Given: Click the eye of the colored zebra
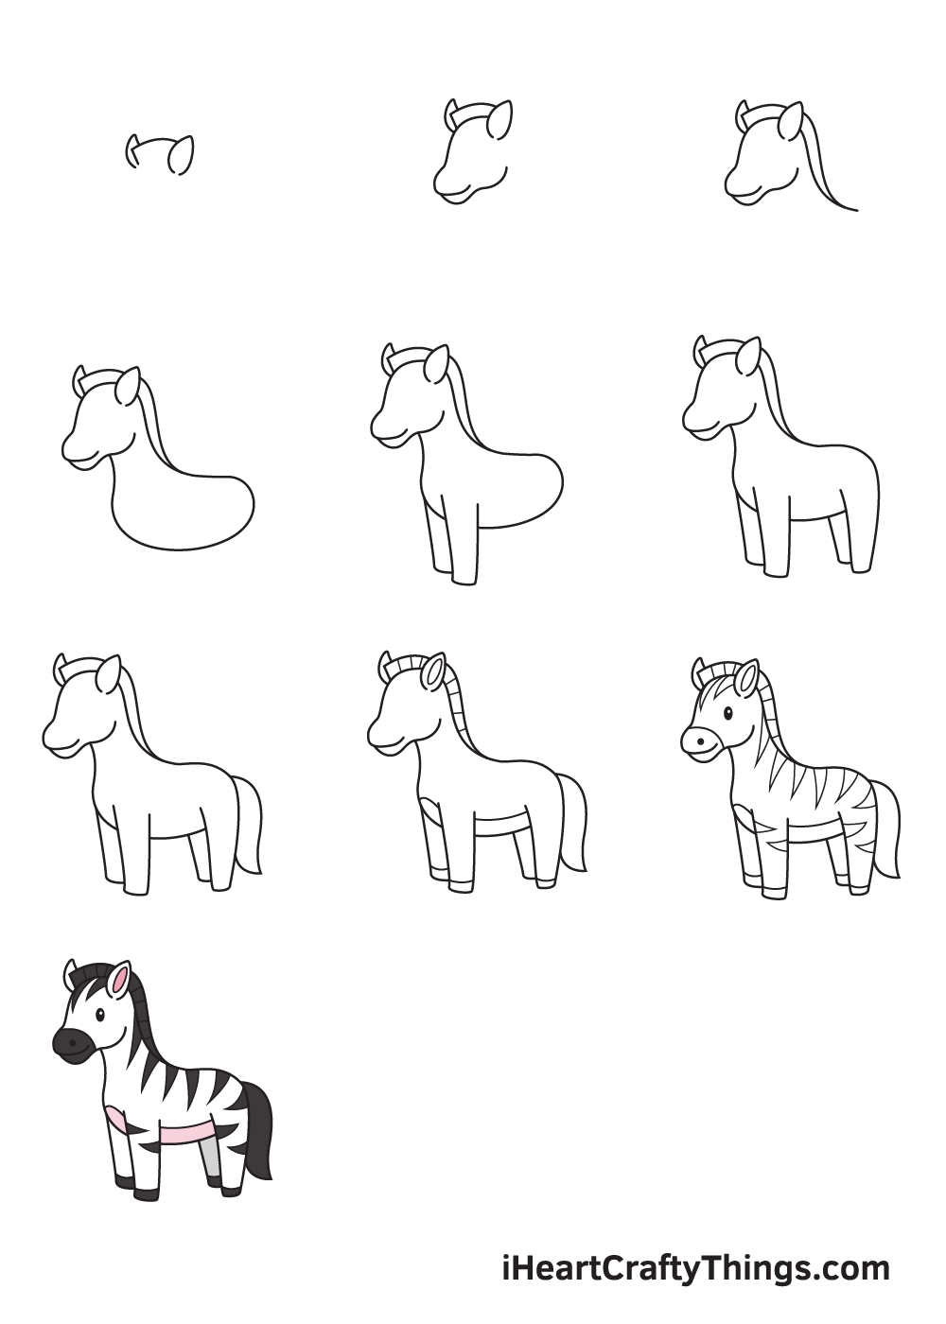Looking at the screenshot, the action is click(100, 1016).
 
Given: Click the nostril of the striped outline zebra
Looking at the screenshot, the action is click(700, 740).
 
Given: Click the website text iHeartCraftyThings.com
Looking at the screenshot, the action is click(696, 1266).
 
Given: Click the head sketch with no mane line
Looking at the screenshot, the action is click(472, 152).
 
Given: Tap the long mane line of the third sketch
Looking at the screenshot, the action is click(827, 165).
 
